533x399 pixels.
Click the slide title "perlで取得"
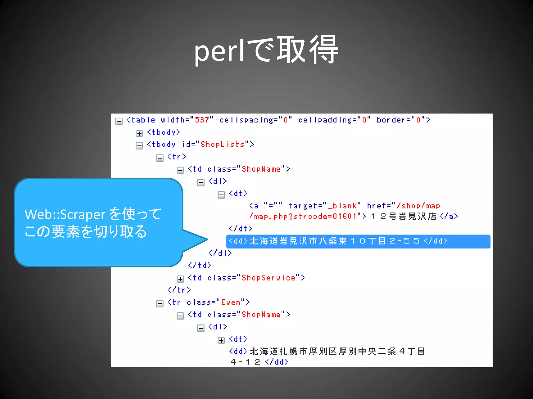point(266,51)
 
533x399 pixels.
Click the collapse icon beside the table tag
point(119,121)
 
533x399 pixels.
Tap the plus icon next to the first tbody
point(139,134)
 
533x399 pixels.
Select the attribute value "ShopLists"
point(223,144)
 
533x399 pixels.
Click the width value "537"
point(202,120)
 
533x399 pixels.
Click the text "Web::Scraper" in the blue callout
point(65,215)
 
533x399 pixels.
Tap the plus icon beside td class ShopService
point(180,279)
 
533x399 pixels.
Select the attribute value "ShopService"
point(268,278)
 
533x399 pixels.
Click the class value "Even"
point(231,302)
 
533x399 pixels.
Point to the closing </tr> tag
point(179,290)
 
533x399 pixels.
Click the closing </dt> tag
point(240,229)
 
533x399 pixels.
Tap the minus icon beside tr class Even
point(160,303)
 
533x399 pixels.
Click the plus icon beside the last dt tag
point(221,340)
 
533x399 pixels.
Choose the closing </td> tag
point(199,265)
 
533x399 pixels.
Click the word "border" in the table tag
point(391,120)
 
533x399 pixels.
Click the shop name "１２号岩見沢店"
point(404,216)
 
